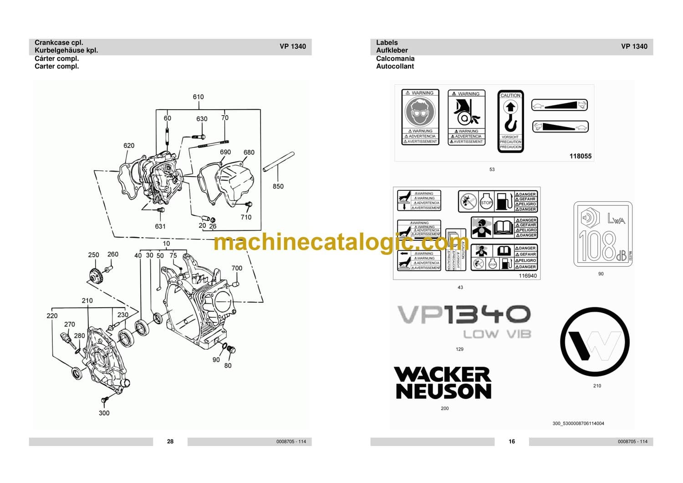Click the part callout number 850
[278, 186]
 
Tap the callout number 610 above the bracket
[198, 97]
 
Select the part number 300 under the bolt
[104, 413]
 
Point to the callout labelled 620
[129, 146]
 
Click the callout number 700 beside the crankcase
[237, 268]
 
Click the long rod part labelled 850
[279, 162]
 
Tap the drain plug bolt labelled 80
[230, 350]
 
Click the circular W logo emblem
[595, 342]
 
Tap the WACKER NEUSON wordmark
[443, 383]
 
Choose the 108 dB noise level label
[602, 234]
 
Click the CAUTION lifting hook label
[510, 121]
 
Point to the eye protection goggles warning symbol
[420, 112]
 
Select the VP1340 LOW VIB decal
[464, 321]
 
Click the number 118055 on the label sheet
[580, 156]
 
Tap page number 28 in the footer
[170, 442]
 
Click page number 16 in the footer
[512, 442]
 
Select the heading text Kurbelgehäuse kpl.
[66, 51]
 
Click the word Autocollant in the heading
[395, 66]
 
